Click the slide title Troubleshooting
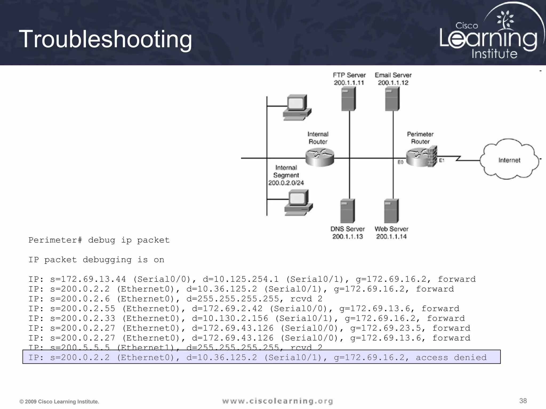click(x=105, y=39)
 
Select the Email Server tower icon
click(x=392, y=99)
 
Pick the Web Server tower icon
click(x=391, y=211)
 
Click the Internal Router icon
click(x=320, y=157)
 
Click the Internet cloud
click(x=509, y=160)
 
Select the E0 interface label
click(x=400, y=162)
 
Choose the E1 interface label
click(x=442, y=160)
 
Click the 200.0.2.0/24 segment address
click(x=286, y=183)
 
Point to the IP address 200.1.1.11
click(x=349, y=83)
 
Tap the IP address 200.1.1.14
click(x=391, y=236)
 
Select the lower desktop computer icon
click(x=298, y=203)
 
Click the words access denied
click(x=451, y=357)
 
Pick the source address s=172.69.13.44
click(x=88, y=279)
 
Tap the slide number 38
click(x=523, y=401)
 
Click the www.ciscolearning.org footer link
click(x=278, y=401)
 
